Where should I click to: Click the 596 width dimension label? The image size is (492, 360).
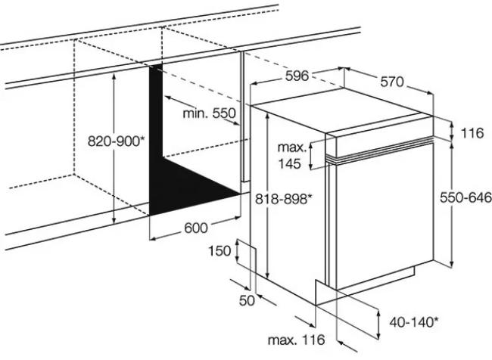(x=297, y=76)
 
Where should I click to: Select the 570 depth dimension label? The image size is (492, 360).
(x=392, y=82)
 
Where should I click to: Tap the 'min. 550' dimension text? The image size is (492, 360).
(x=209, y=113)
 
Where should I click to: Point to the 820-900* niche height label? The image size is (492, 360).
(x=116, y=141)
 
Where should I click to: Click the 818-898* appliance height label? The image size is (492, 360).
(x=284, y=199)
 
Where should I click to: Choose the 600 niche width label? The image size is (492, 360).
(x=196, y=228)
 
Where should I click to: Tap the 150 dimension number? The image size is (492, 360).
(x=220, y=251)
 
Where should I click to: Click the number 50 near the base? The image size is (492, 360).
(x=247, y=301)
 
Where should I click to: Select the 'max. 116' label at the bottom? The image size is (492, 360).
(x=296, y=340)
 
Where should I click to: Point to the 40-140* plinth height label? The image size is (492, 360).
(x=414, y=322)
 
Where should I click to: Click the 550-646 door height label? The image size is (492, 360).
(x=466, y=198)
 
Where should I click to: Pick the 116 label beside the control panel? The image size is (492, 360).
(x=472, y=133)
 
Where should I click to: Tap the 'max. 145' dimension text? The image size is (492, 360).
(x=292, y=156)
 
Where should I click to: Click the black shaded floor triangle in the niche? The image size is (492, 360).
(x=195, y=185)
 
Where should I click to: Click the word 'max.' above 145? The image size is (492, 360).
(x=292, y=147)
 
